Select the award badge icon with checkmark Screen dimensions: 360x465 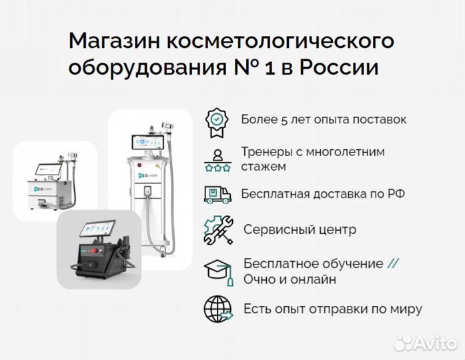[x=217, y=120]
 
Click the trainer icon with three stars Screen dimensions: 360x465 [x=217, y=159]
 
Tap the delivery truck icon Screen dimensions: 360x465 [x=217, y=194]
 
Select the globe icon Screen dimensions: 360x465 [x=217, y=309]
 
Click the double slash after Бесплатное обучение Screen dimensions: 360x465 [x=394, y=263]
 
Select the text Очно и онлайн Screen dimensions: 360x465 [x=290, y=279]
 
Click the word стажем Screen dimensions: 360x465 [x=264, y=166]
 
